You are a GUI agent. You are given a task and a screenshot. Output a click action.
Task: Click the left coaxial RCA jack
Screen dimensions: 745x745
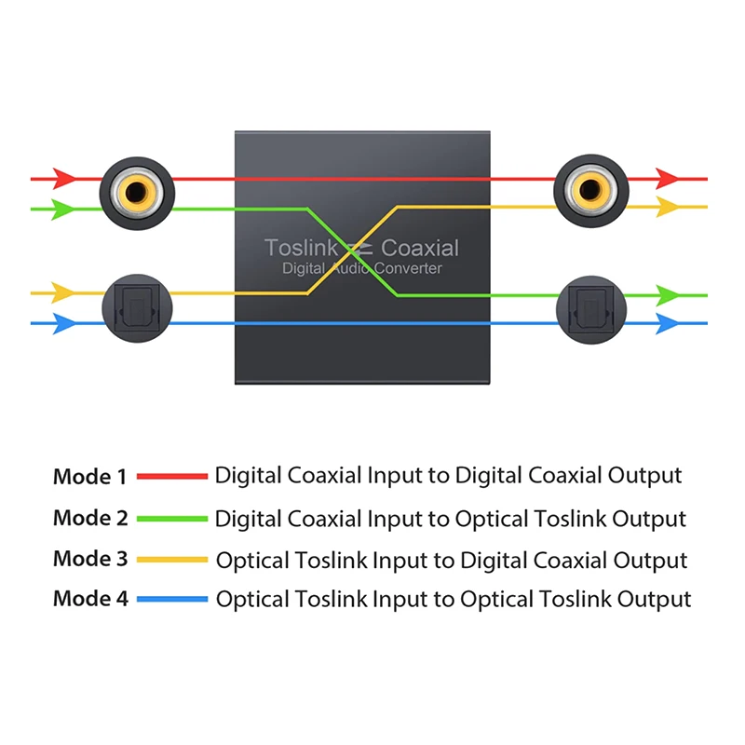(135, 192)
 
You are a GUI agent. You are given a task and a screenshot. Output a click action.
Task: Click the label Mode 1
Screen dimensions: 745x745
(89, 477)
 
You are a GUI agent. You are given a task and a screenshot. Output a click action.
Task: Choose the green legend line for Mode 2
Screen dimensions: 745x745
(172, 519)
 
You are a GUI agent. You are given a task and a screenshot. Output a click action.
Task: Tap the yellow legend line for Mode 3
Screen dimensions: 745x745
(172, 560)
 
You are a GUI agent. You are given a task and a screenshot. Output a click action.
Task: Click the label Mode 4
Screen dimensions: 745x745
(90, 598)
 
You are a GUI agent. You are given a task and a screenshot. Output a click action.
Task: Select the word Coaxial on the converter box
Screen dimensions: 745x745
(420, 248)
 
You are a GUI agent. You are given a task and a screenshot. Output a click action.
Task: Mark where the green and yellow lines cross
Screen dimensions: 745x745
(354, 250)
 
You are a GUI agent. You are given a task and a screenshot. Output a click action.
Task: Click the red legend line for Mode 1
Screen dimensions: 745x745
(172, 476)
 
